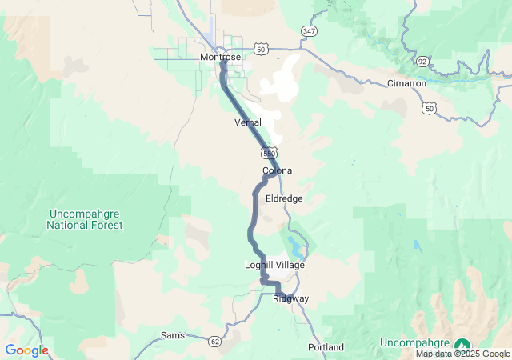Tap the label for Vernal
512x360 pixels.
point(248,122)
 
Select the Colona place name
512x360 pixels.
point(277,170)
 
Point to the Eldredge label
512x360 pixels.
point(284,198)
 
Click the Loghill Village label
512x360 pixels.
point(274,265)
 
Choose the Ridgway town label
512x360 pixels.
point(290,298)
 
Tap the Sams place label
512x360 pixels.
point(173,335)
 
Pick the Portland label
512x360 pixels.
point(326,347)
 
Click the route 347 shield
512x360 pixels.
point(309,30)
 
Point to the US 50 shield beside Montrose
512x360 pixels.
point(261,49)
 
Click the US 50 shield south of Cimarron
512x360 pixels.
point(431,108)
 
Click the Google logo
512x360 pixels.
point(26,350)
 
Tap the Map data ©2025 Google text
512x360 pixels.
point(462,354)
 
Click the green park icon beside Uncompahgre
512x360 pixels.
point(462,345)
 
